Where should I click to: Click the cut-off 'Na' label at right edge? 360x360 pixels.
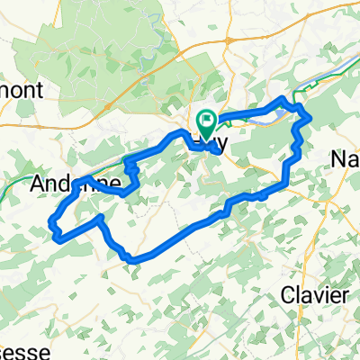(346, 158)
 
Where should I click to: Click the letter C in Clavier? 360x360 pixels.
(287, 294)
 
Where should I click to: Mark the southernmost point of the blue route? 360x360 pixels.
(133, 261)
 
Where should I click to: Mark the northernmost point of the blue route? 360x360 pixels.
(284, 97)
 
